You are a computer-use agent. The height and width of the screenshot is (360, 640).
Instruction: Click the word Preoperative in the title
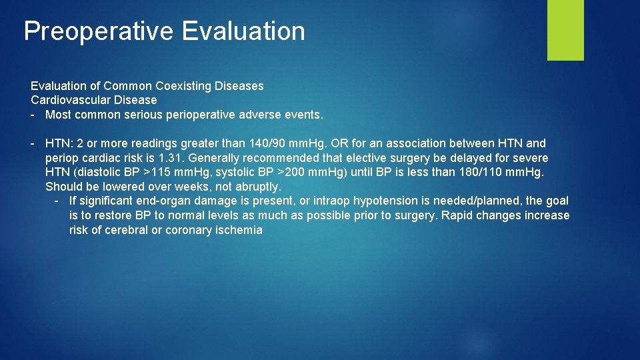click(x=99, y=31)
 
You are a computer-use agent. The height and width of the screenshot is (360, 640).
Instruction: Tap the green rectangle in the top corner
click(x=565, y=29)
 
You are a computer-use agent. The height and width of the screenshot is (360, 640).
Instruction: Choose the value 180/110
click(x=478, y=172)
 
